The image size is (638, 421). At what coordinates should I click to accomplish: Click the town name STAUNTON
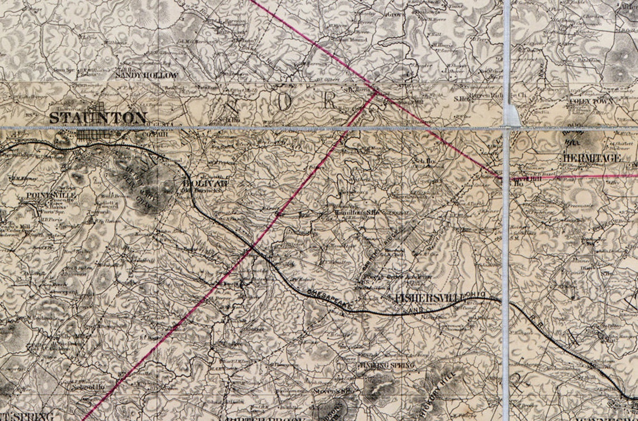[98, 117]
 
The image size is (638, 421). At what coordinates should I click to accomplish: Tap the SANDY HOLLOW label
[146, 75]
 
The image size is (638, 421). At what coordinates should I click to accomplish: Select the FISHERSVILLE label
[430, 298]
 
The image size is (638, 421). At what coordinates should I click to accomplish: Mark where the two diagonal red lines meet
[376, 93]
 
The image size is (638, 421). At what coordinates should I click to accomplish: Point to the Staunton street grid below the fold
[93, 135]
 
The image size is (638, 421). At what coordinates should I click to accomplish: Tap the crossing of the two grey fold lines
[506, 128]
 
